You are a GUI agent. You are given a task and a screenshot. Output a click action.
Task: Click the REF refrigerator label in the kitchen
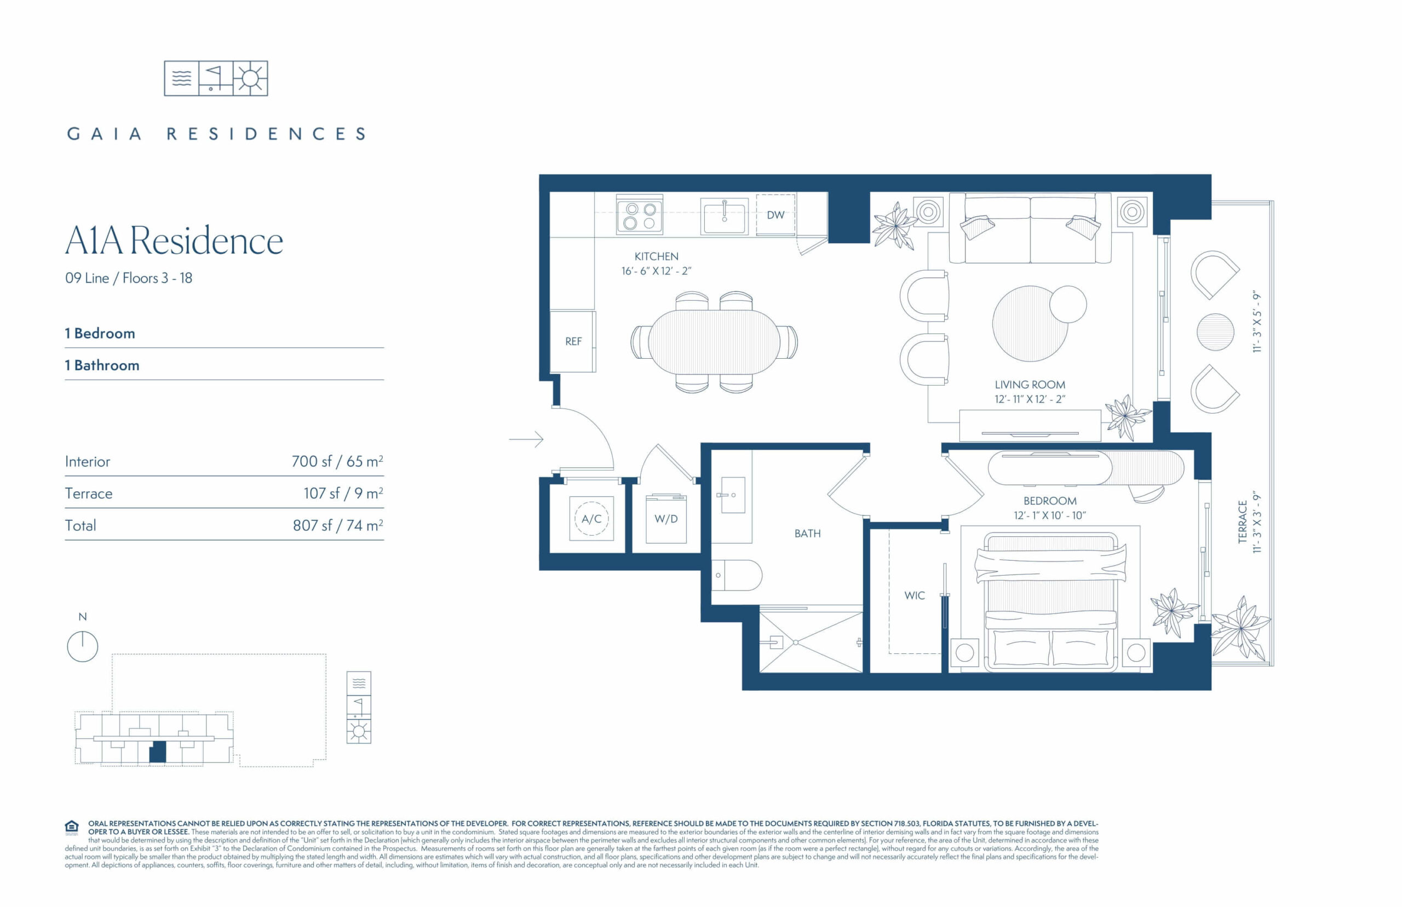tap(573, 341)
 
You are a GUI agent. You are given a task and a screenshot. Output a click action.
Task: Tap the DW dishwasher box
tap(775, 215)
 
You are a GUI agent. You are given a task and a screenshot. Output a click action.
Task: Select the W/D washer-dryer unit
tap(666, 519)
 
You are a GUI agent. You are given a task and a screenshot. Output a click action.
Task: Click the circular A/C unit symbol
tap(591, 519)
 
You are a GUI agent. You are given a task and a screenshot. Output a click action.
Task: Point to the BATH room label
tap(807, 533)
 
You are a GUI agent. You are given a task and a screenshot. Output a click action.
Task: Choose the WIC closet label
tap(915, 595)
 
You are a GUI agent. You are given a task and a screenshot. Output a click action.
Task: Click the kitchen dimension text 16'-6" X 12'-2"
tap(656, 271)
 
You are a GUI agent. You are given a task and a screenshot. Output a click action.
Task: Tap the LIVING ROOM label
tap(1030, 384)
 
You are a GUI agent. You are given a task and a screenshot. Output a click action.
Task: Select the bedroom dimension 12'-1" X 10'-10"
tap(1050, 515)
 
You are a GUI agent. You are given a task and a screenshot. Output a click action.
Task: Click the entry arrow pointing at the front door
tap(526, 439)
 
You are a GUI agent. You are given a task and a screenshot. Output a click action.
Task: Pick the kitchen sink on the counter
tap(724, 216)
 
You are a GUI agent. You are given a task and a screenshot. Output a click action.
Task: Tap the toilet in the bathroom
tap(737, 575)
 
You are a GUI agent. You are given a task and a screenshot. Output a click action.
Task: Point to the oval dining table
tap(714, 342)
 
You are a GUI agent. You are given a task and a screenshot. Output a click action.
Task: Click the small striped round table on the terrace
tap(1215, 332)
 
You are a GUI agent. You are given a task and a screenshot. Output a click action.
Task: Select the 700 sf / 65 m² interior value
tap(337, 461)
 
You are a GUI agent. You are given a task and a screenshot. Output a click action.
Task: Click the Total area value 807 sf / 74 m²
tap(338, 525)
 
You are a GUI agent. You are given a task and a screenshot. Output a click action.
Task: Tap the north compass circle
tap(83, 646)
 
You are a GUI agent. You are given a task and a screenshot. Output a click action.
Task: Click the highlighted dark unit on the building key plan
tap(158, 752)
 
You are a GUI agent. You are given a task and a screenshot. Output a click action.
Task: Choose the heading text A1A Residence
tap(174, 240)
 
